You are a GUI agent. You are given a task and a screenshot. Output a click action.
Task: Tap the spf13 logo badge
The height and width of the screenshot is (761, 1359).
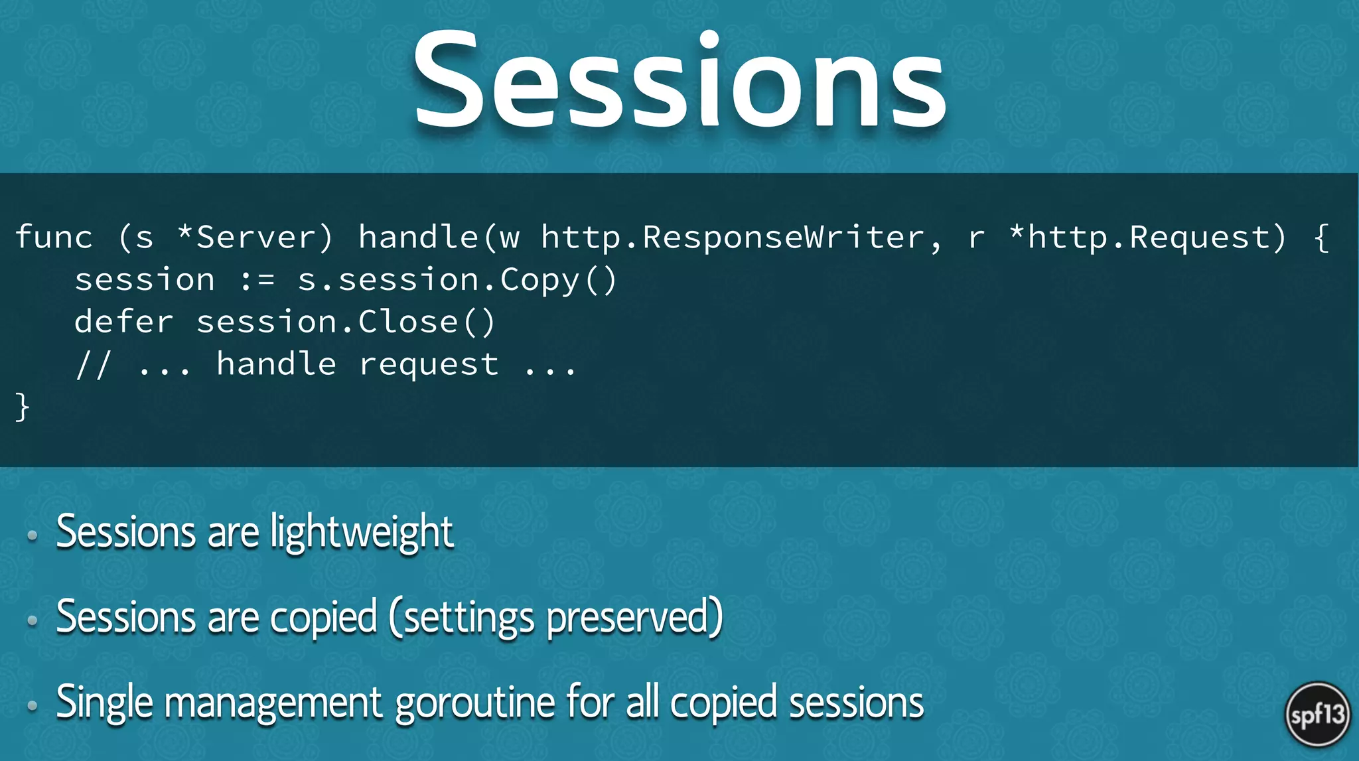(x=1317, y=715)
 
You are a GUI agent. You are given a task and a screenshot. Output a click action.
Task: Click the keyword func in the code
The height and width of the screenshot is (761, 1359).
(x=54, y=238)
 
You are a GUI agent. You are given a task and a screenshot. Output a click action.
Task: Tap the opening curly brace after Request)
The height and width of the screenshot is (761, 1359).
(x=1321, y=238)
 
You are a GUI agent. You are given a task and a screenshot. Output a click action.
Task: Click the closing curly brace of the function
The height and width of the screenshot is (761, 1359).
(x=22, y=406)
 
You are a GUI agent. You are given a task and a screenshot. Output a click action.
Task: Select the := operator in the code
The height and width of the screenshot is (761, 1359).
(x=257, y=280)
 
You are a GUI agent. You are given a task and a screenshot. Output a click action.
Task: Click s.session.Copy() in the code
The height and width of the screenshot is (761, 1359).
(x=457, y=280)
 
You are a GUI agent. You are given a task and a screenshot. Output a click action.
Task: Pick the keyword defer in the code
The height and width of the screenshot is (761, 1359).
(x=124, y=322)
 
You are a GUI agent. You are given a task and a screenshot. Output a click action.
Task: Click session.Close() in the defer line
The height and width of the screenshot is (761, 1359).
(x=346, y=322)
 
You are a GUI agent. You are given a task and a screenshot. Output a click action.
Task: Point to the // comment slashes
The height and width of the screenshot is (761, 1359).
(x=93, y=365)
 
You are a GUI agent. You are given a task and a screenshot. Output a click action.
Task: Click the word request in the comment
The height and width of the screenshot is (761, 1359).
(x=429, y=365)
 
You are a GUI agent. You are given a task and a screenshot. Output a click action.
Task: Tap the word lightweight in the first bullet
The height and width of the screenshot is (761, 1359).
(x=362, y=532)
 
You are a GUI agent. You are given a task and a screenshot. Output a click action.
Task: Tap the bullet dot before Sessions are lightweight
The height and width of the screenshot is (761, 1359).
(x=32, y=535)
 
